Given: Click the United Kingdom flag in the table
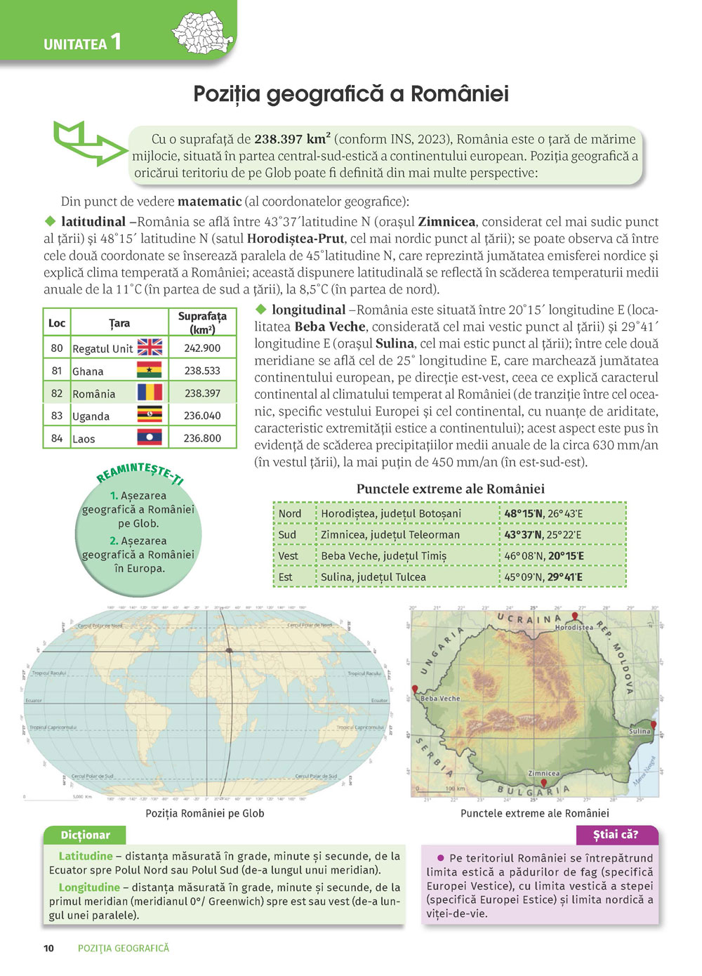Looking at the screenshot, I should tap(150, 348).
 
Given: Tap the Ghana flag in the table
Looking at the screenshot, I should tap(150, 370).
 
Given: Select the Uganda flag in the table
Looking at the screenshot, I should tap(150, 415).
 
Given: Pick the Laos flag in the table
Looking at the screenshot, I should tap(150, 438).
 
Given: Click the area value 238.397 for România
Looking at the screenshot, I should tap(202, 393).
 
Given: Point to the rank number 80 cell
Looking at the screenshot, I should tap(57, 348).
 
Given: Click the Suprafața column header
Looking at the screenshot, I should tap(202, 323).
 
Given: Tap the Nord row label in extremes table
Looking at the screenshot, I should tap(290, 513).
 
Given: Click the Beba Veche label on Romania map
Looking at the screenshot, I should tap(440, 699).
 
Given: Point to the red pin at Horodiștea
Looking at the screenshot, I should tap(575, 616).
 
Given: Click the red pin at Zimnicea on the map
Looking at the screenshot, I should tap(543, 782).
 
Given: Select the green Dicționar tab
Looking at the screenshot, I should tap(85, 835).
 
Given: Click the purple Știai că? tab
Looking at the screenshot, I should tap(616, 835).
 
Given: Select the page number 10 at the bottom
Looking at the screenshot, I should tap(48, 948).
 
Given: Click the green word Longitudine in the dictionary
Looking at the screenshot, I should tap(89, 888).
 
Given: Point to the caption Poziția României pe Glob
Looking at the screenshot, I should tap(205, 813).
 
